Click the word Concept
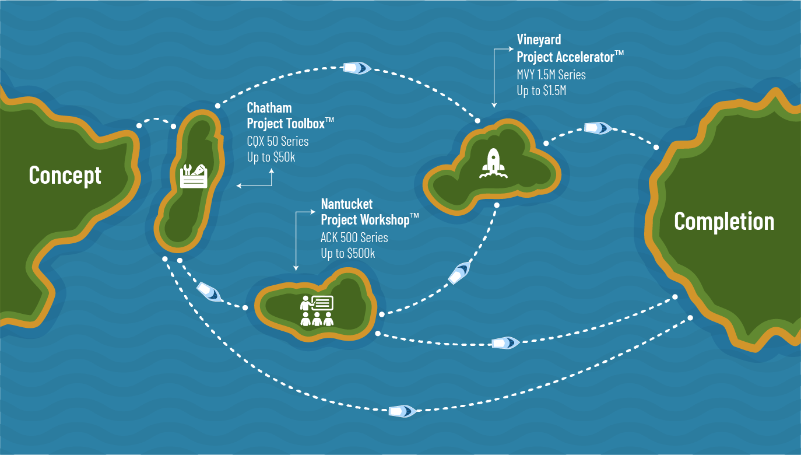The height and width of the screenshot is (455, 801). click(65, 175)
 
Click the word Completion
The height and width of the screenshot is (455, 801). click(724, 222)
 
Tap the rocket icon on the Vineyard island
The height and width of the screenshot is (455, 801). click(493, 163)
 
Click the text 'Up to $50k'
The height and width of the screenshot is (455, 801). click(271, 157)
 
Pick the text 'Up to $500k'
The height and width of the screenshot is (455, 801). click(347, 253)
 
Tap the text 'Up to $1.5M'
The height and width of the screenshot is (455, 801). click(541, 90)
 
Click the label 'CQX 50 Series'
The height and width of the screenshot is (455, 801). click(277, 141)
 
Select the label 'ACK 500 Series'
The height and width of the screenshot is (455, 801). click(354, 237)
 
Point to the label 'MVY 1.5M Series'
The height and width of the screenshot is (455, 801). click(551, 75)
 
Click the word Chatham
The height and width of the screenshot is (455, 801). click(269, 108)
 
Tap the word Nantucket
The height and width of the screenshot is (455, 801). click(346, 204)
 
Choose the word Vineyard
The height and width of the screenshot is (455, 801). click(539, 40)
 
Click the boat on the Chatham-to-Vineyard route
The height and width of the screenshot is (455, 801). click(357, 68)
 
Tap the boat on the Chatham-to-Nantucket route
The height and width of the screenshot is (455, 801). click(209, 291)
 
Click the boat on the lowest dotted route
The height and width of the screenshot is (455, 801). click(402, 411)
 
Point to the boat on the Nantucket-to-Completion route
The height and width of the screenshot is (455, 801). click(505, 343)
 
